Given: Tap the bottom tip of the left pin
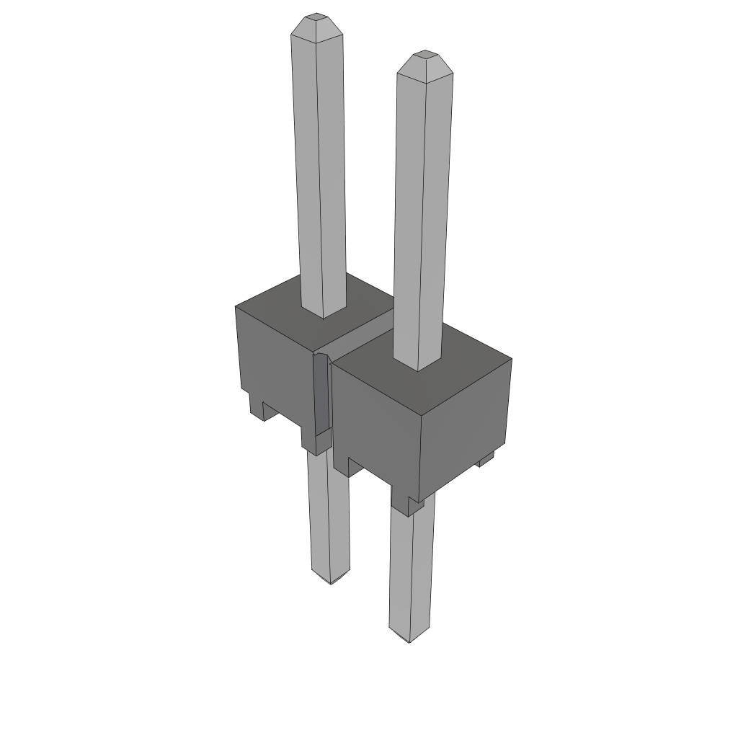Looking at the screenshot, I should [331, 578].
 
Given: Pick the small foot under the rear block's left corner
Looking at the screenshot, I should [259, 407].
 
